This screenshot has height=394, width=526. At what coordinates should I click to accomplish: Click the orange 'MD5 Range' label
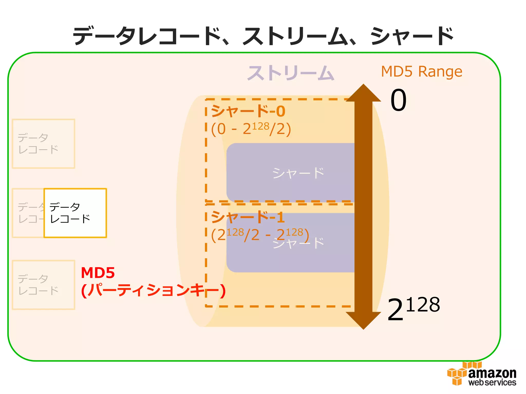coord(421,72)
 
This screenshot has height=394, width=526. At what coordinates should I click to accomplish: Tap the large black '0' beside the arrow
coord(398,100)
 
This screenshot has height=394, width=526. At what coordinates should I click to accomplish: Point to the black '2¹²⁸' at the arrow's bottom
coord(413,309)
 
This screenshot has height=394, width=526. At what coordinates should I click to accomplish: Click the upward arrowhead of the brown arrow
coord(363,94)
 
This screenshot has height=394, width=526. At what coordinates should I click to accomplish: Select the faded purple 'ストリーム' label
coord(290,73)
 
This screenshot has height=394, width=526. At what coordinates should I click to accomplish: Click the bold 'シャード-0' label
coord(248,111)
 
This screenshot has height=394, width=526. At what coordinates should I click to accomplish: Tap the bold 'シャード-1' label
coord(248,217)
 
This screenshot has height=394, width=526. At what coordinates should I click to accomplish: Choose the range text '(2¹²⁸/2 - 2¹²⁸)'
coord(260,234)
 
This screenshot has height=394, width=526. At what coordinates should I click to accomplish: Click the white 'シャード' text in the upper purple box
coord(298,173)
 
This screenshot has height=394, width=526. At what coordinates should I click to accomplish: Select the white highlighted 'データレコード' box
coord(75,213)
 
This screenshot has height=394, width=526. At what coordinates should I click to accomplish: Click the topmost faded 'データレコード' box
coord(43,144)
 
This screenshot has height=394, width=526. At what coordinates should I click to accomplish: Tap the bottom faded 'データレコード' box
coord(43,285)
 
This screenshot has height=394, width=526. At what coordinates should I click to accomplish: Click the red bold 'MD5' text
coord(98,273)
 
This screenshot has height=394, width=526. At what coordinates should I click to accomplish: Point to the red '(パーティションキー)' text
coord(153,291)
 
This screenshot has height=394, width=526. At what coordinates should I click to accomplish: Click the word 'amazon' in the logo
coord(492,373)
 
